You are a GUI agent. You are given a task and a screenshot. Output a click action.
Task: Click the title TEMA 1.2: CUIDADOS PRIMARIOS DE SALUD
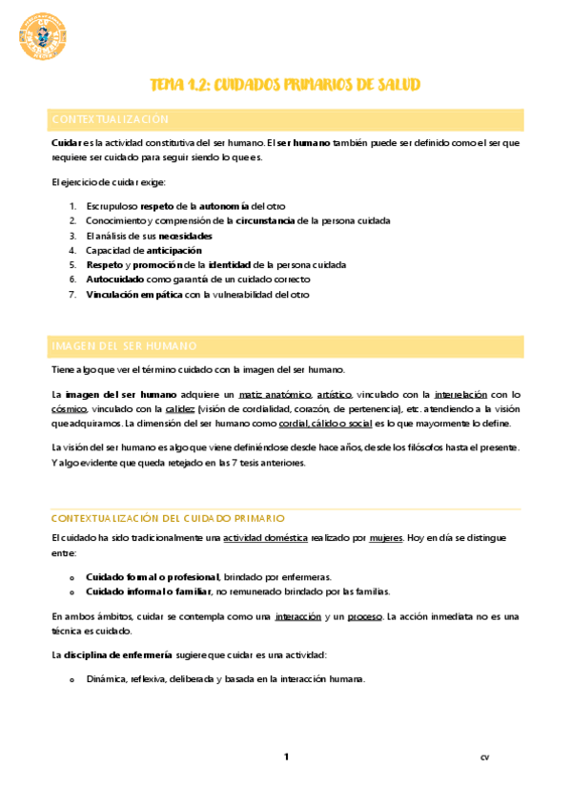[x=285, y=85]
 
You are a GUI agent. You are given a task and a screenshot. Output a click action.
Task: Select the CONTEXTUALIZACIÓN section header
[x=110, y=119]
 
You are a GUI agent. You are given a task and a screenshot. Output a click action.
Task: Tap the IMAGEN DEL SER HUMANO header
[x=124, y=345]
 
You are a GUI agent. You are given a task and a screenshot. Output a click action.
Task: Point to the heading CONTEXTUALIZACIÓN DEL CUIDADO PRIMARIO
[x=167, y=518]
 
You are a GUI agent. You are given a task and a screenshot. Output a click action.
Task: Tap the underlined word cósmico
[x=68, y=408]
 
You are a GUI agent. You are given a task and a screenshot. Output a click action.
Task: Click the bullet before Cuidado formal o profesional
[x=71, y=577]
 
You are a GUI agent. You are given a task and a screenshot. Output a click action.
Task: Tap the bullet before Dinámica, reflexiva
[x=71, y=679]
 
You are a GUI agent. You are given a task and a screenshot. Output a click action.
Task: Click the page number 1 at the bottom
[x=285, y=757]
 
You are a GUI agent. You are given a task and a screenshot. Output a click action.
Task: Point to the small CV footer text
[x=484, y=758]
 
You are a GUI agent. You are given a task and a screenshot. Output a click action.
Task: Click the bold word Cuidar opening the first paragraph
[x=66, y=142]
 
